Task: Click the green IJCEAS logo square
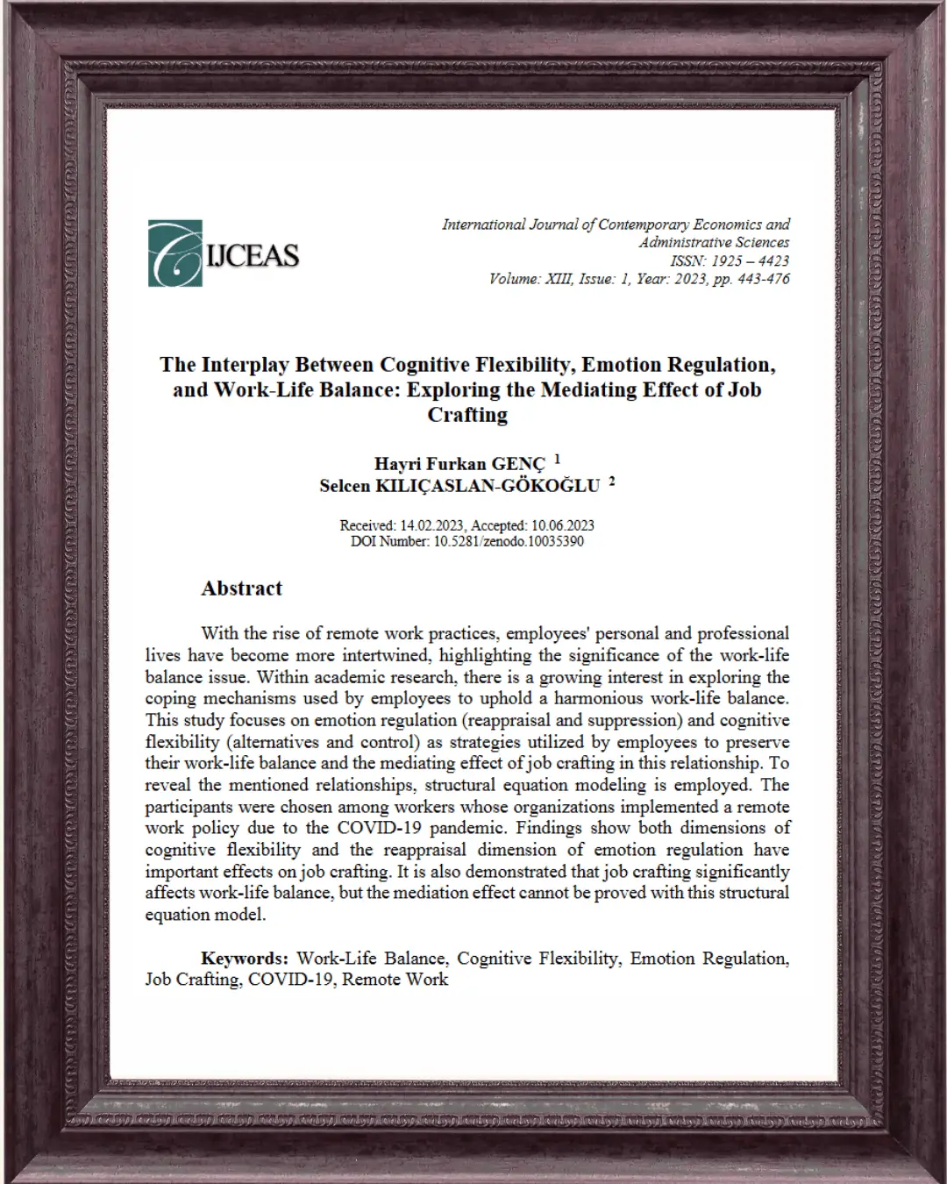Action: coord(175,253)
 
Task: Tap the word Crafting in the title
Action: coord(467,415)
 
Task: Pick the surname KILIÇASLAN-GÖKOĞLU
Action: coord(488,486)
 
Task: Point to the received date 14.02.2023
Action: coord(433,525)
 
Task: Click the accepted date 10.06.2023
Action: coord(562,525)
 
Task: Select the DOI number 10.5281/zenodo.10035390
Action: coord(509,541)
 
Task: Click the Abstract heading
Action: coord(242,588)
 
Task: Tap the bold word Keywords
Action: coord(244,959)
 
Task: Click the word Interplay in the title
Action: coord(245,365)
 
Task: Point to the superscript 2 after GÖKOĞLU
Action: coord(612,481)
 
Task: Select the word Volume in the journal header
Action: coord(513,279)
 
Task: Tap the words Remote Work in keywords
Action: coord(395,980)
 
